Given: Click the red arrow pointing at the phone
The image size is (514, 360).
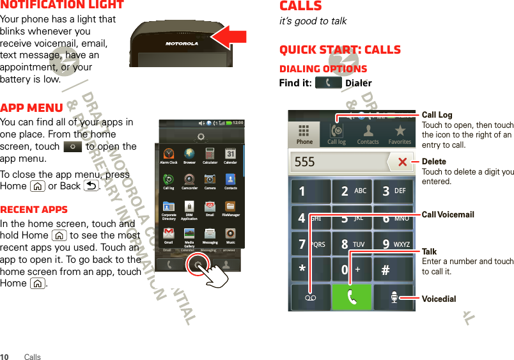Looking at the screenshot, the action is [x=231, y=36].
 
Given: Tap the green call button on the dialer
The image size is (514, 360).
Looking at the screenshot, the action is [x=350, y=297].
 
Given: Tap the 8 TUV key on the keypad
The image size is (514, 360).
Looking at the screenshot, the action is [x=351, y=244].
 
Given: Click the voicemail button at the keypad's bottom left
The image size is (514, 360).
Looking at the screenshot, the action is [x=309, y=297].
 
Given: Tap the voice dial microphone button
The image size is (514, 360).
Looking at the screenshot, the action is [x=393, y=297].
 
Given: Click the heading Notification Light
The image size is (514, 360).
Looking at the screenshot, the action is [x=62, y=5].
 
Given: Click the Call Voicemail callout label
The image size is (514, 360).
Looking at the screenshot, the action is [x=448, y=215].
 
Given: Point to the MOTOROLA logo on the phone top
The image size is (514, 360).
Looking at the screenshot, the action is [x=182, y=44].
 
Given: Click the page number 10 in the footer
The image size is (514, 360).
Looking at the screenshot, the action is [x=5, y=357].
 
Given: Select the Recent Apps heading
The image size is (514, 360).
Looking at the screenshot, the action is [x=34, y=209].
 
